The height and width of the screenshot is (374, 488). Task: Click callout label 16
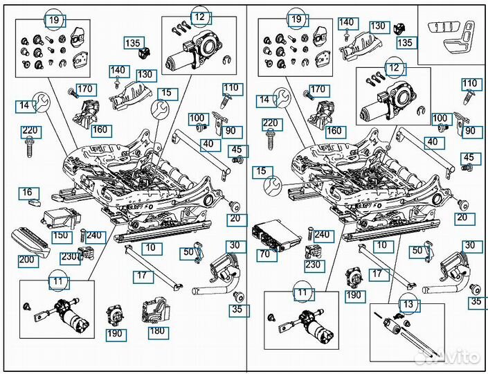(x=26, y=192)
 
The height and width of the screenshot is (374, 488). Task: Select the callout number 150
(x=61, y=235)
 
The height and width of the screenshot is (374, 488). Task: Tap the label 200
(x=27, y=260)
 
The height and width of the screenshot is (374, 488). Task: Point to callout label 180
(x=158, y=332)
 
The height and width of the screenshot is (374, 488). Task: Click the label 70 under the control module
(x=263, y=253)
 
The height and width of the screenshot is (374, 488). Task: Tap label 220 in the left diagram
(x=30, y=131)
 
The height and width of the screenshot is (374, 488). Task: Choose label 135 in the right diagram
(x=406, y=42)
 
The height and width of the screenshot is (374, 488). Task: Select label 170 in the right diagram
(x=317, y=89)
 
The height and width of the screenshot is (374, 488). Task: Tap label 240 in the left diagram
(x=95, y=235)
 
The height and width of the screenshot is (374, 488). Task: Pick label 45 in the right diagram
(x=469, y=157)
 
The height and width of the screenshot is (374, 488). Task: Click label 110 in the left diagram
(x=231, y=88)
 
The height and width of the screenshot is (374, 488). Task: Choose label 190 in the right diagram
(x=354, y=295)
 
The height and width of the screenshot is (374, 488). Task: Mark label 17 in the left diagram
(x=141, y=275)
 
